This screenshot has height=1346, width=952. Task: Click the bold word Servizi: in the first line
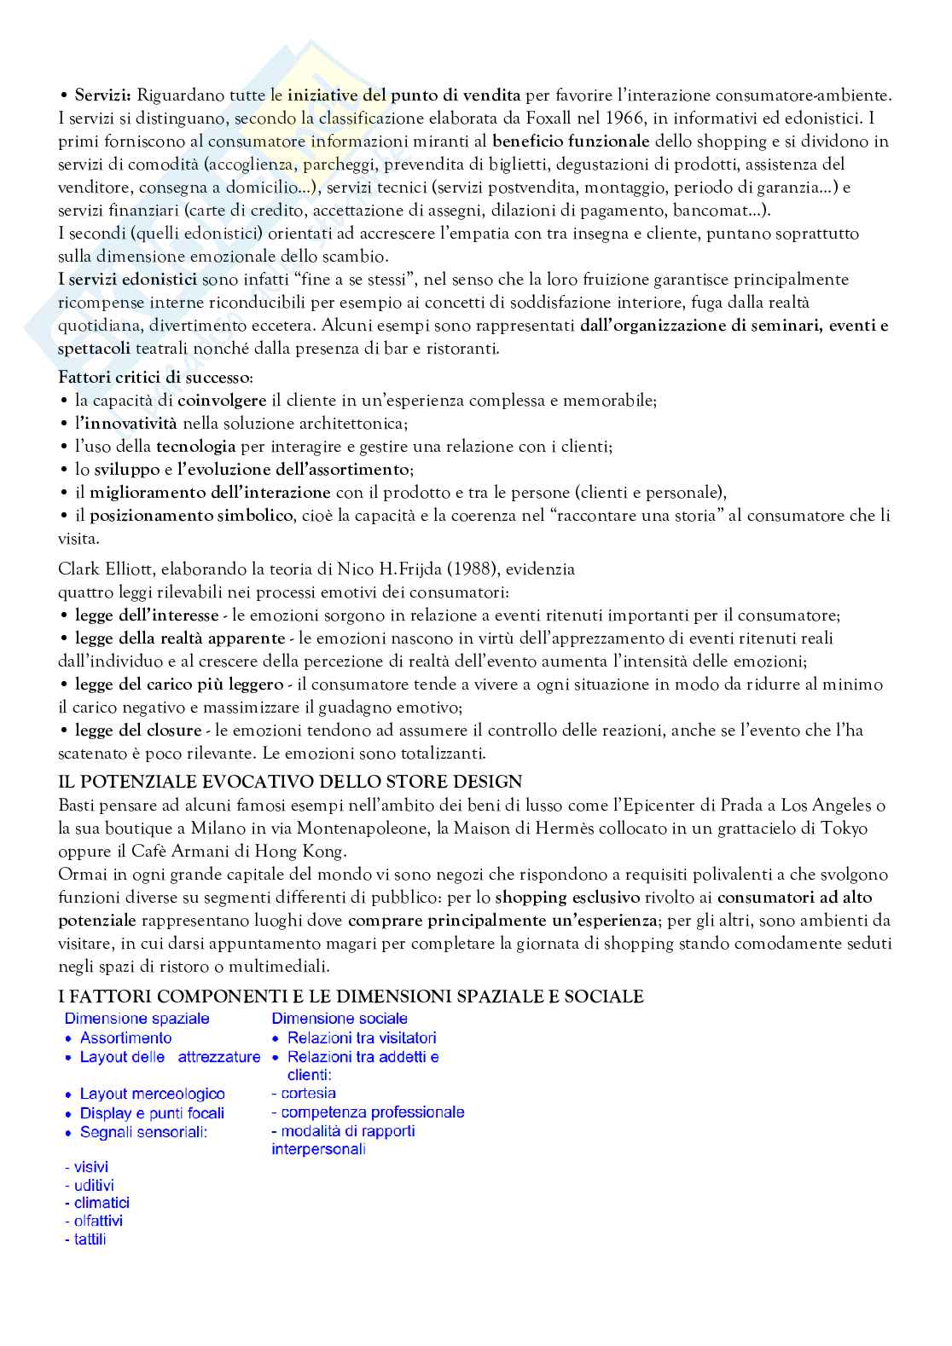coord(102,95)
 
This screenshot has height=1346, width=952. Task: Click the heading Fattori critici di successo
coord(154,378)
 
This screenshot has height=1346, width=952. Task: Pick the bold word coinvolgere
coord(222,401)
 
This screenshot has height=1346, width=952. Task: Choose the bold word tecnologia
coord(195,447)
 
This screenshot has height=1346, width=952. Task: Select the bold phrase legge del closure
coord(138,731)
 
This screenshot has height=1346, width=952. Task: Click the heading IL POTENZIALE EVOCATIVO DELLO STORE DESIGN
coord(290,782)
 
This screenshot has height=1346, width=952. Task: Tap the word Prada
coord(745,806)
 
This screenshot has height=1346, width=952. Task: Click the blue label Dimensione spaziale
coord(136,1019)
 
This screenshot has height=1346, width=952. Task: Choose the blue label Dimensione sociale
coord(340,1019)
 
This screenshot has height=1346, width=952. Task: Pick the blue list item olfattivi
coord(98,1221)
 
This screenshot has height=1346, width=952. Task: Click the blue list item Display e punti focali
coord(152,1113)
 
